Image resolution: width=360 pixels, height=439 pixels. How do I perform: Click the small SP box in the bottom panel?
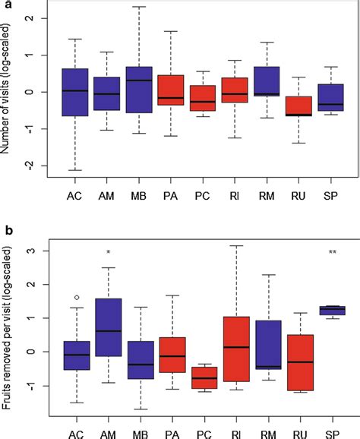coord(332,309)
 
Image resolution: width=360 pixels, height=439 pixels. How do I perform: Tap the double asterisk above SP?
coord(332,252)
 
